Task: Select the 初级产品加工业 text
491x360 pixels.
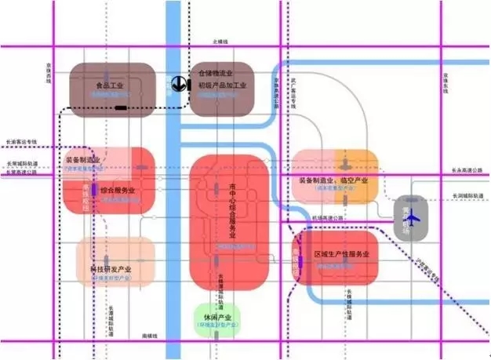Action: click(222, 85)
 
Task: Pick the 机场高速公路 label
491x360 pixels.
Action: click(327, 217)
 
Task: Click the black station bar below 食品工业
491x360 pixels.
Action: click(123, 106)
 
